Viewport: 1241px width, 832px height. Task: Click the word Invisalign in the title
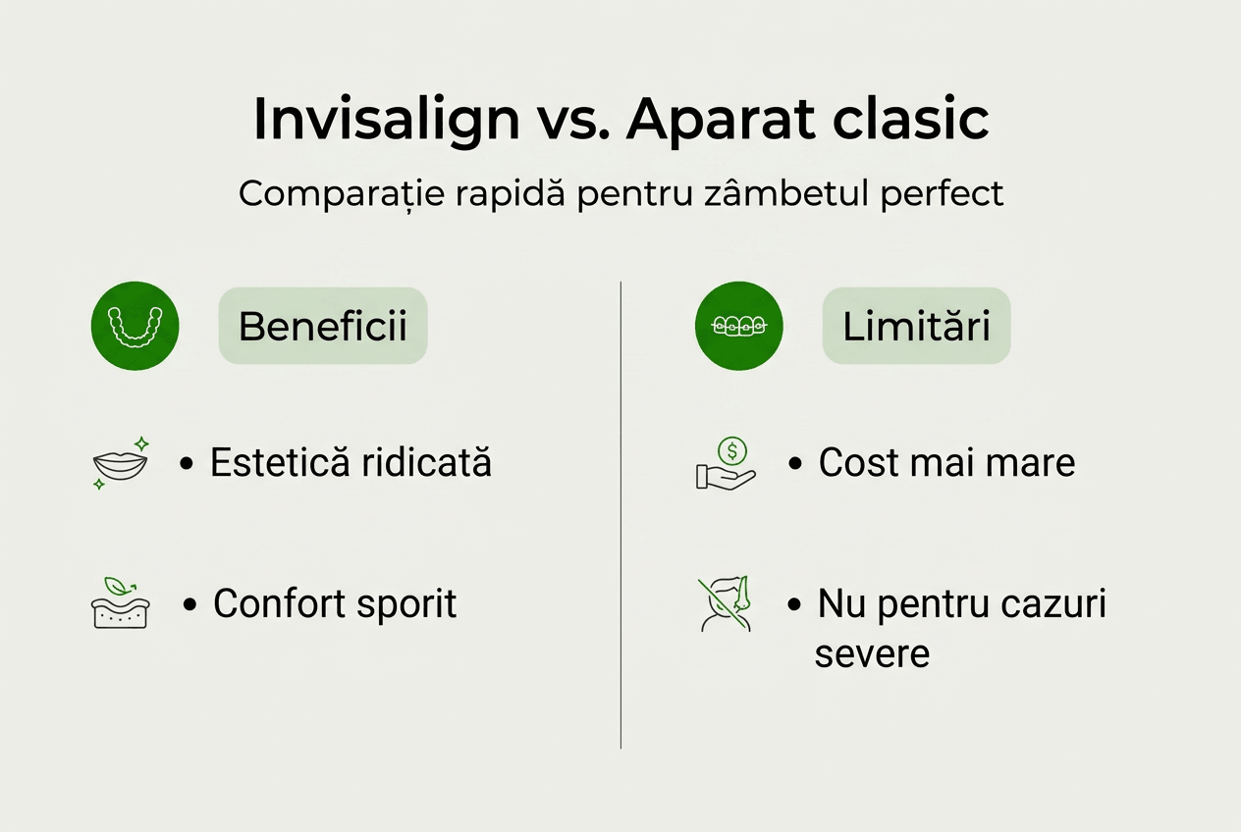386,120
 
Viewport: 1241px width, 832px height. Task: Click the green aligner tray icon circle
135,326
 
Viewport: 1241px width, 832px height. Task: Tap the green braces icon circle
739,326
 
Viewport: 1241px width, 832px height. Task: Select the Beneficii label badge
323,326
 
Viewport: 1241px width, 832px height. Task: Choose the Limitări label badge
916,326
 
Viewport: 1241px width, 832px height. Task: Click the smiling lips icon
120,464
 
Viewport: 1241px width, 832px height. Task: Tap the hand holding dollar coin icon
725,465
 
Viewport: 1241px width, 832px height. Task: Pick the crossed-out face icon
725,603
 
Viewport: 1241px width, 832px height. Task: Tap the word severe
872,653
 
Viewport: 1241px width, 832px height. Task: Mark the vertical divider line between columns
620,515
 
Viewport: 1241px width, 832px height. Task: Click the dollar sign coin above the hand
731,450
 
